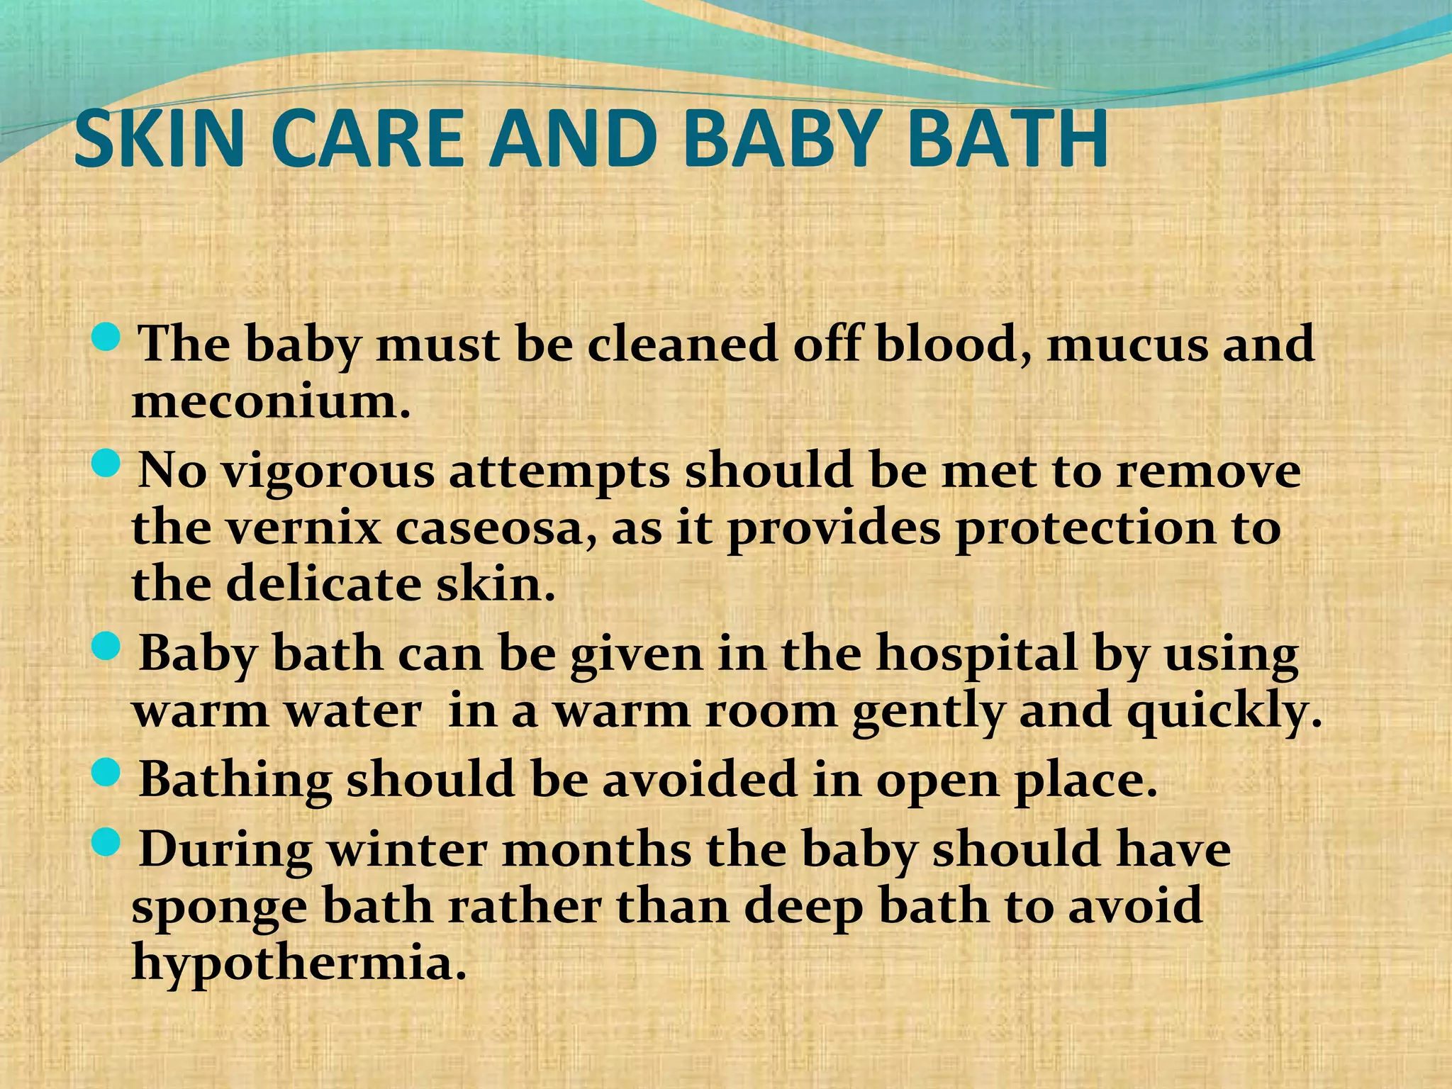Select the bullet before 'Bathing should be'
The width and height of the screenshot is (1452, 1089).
click(x=107, y=773)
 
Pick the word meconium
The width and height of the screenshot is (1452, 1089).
click(x=271, y=402)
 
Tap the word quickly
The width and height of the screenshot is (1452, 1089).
click(x=1224, y=713)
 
